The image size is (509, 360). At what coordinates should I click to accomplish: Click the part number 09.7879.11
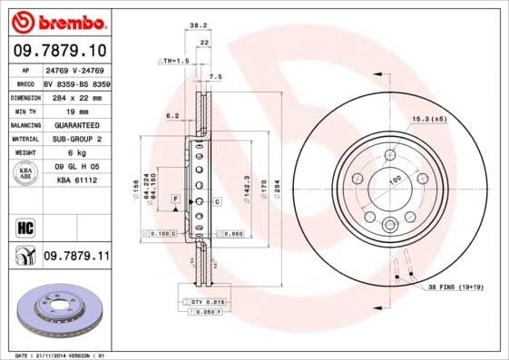76,258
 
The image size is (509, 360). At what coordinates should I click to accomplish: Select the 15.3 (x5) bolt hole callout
430,118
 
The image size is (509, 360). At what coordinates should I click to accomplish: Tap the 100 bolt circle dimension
395,180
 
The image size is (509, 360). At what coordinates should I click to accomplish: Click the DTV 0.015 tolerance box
201,301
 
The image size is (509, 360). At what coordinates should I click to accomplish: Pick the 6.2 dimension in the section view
171,115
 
